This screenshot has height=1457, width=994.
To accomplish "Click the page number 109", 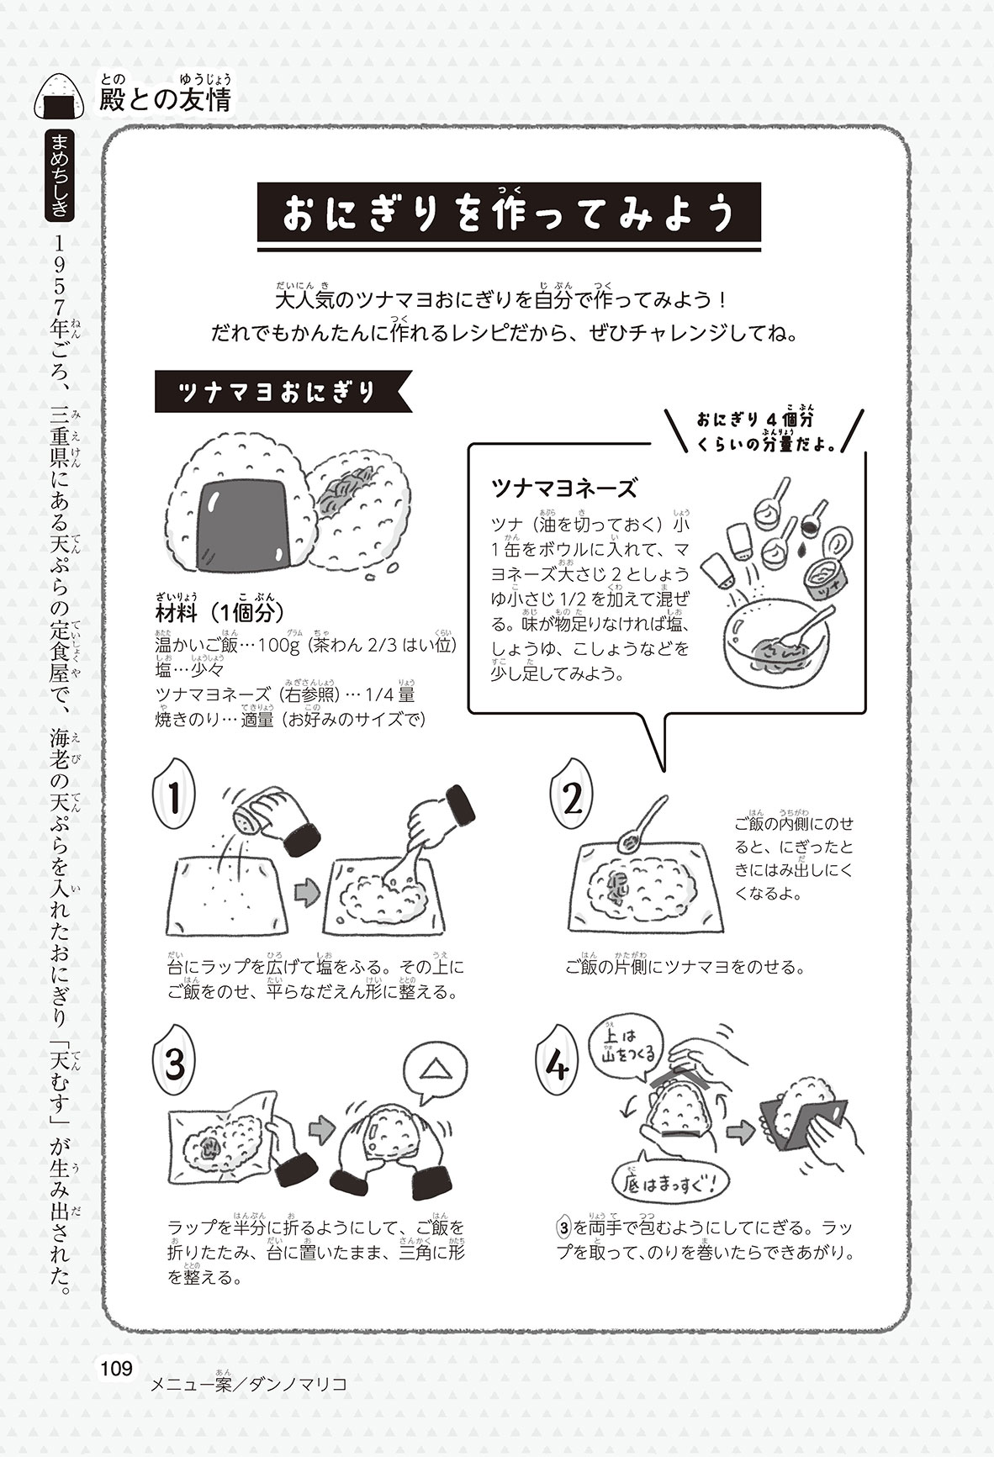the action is (x=116, y=1368).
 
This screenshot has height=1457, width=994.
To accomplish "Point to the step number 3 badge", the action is (x=175, y=1065).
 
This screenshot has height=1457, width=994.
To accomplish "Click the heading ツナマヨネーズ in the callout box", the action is (x=564, y=488).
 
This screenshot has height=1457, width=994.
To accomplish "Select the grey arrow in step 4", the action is (x=741, y=1132).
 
